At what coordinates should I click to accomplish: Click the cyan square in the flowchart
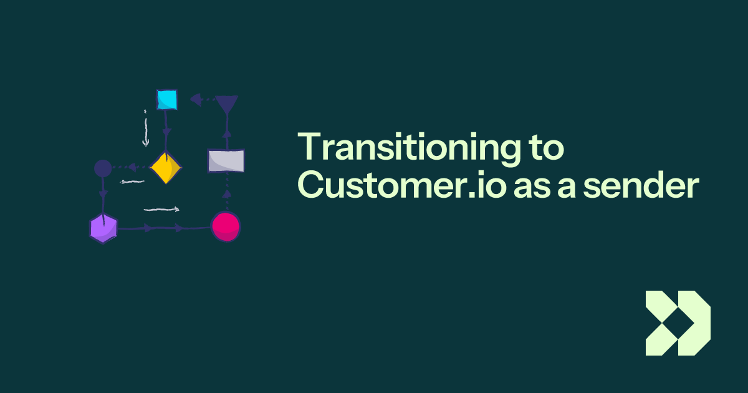point(166,99)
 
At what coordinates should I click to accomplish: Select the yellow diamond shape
point(165,167)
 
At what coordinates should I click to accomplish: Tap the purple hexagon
point(103,228)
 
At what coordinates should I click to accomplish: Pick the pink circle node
point(226,226)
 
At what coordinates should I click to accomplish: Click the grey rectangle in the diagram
point(226,160)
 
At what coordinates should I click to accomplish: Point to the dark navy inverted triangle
point(226,104)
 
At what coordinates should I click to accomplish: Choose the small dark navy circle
point(103,168)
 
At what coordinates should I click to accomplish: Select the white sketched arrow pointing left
point(132,182)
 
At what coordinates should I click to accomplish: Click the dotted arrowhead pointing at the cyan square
point(195,99)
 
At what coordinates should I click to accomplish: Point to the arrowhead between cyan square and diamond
point(166,133)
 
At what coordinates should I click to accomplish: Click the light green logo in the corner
point(678,323)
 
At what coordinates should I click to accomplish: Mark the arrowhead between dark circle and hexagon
point(103,195)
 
